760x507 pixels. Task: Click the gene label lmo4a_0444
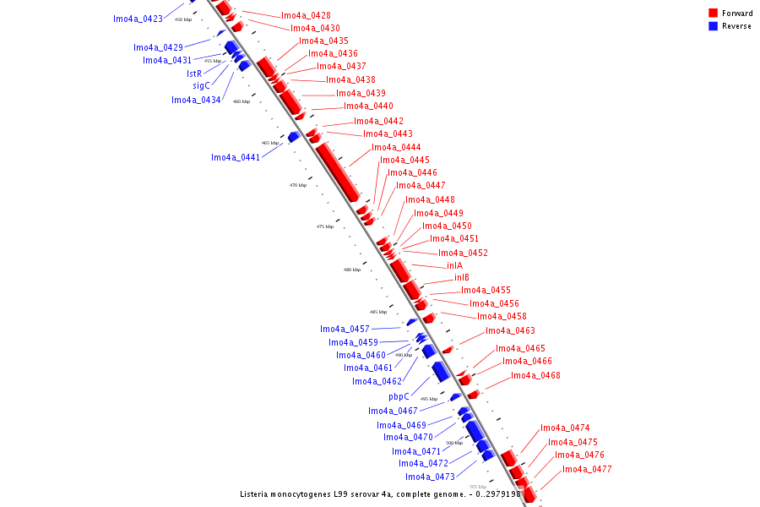(x=396, y=147)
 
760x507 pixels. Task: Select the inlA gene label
(x=454, y=265)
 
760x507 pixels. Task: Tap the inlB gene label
(x=462, y=277)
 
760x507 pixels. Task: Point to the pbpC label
(x=399, y=396)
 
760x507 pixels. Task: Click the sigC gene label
(x=201, y=85)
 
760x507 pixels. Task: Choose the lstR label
(x=194, y=74)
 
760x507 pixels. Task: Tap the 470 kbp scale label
(x=298, y=185)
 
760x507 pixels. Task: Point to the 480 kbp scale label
(x=352, y=270)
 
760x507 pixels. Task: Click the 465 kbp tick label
(x=270, y=143)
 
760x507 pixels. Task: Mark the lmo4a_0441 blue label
(x=236, y=157)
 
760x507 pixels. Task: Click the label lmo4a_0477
(x=587, y=469)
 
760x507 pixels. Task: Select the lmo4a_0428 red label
(x=306, y=15)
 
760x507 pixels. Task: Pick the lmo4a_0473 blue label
(x=430, y=477)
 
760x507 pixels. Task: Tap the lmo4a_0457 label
(x=345, y=329)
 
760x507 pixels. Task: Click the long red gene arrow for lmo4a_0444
(x=338, y=172)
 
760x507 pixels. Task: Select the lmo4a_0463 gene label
(x=510, y=330)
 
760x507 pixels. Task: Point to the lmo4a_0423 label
(x=138, y=18)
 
